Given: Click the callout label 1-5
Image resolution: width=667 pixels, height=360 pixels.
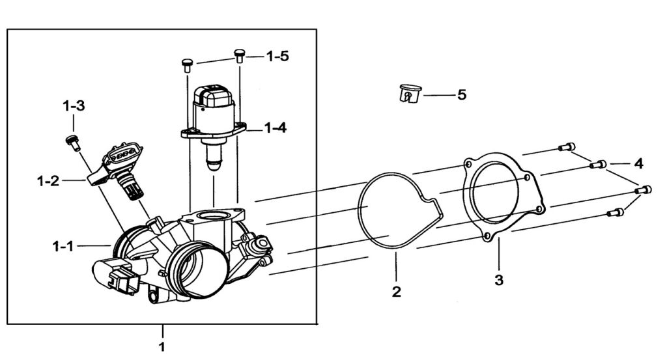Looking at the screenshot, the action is pyautogui.click(x=277, y=56).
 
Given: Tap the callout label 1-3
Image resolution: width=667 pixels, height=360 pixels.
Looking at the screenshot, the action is pyautogui.click(x=74, y=105).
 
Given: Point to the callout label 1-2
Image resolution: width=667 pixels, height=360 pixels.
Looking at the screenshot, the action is pyautogui.click(x=48, y=181).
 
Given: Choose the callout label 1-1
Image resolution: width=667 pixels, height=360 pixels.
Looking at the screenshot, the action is pyautogui.click(x=63, y=245).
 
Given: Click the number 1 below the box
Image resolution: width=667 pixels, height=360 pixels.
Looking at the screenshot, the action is pyautogui.click(x=162, y=346).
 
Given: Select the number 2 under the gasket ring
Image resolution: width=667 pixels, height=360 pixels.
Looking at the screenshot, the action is pyautogui.click(x=397, y=292).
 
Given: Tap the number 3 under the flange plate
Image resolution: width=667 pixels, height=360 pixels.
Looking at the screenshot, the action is pyautogui.click(x=499, y=280).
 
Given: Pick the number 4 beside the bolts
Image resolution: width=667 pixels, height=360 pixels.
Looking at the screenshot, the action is pyautogui.click(x=638, y=163).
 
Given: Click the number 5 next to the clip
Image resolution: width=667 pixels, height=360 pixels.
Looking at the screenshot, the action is pyautogui.click(x=462, y=94).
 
